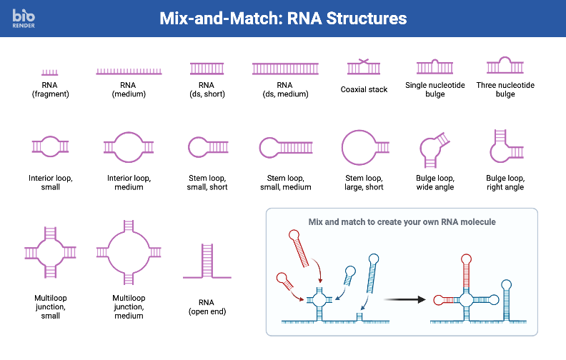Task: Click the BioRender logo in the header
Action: click(x=24, y=18)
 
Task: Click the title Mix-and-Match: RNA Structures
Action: click(x=283, y=18)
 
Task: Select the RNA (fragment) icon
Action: click(x=50, y=72)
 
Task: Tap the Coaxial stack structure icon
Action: click(x=364, y=67)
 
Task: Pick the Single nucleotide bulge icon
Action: click(x=435, y=67)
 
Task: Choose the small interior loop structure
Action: click(x=50, y=146)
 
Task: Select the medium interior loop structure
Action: click(x=129, y=146)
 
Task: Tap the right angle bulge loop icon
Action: click(x=505, y=146)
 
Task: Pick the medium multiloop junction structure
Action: click(x=129, y=251)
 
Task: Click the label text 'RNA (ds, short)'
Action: click(x=207, y=89)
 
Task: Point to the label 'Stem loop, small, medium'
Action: click(x=285, y=182)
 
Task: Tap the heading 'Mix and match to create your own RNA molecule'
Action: click(x=402, y=222)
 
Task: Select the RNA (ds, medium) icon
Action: click(x=285, y=69)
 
